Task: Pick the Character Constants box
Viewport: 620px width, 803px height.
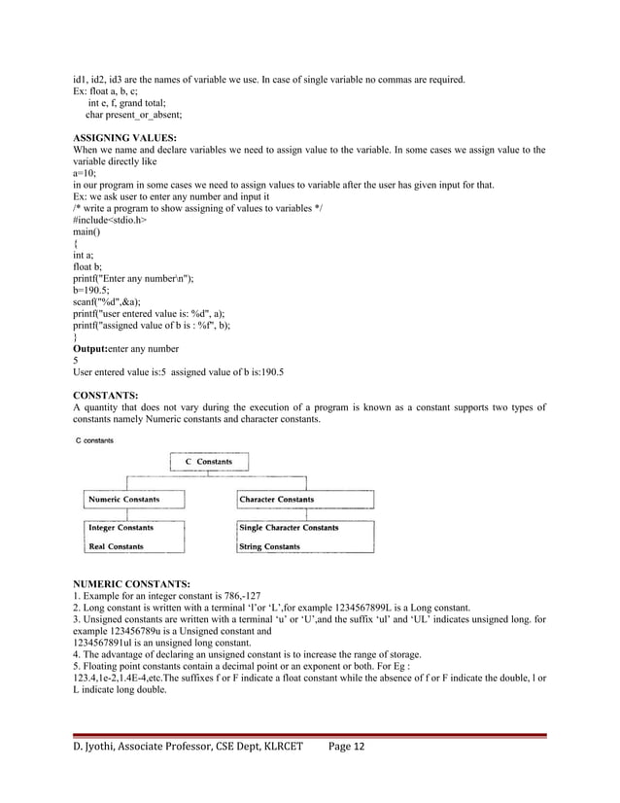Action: coord(277,500)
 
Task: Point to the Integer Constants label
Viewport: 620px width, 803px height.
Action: coord(121,528)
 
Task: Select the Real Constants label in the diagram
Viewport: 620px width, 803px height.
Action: coord(117,546)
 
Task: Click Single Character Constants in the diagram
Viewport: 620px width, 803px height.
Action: coord(289,528)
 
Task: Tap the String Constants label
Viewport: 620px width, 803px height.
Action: coord(270,546)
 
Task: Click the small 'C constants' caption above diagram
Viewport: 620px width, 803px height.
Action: coord(94,440)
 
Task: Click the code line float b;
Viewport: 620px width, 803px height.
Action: coord(89,263)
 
